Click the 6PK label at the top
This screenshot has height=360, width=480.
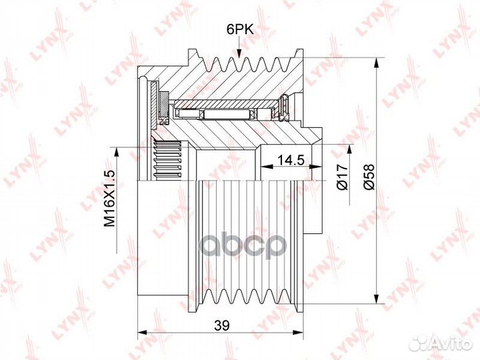click(240, 29)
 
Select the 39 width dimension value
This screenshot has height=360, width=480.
click(221, 325)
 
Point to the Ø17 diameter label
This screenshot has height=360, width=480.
click(342, 177)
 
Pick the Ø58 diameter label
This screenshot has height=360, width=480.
click(369, 177)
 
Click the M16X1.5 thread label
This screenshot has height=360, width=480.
click(109, 199)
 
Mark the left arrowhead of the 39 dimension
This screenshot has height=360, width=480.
click(143, 333)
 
